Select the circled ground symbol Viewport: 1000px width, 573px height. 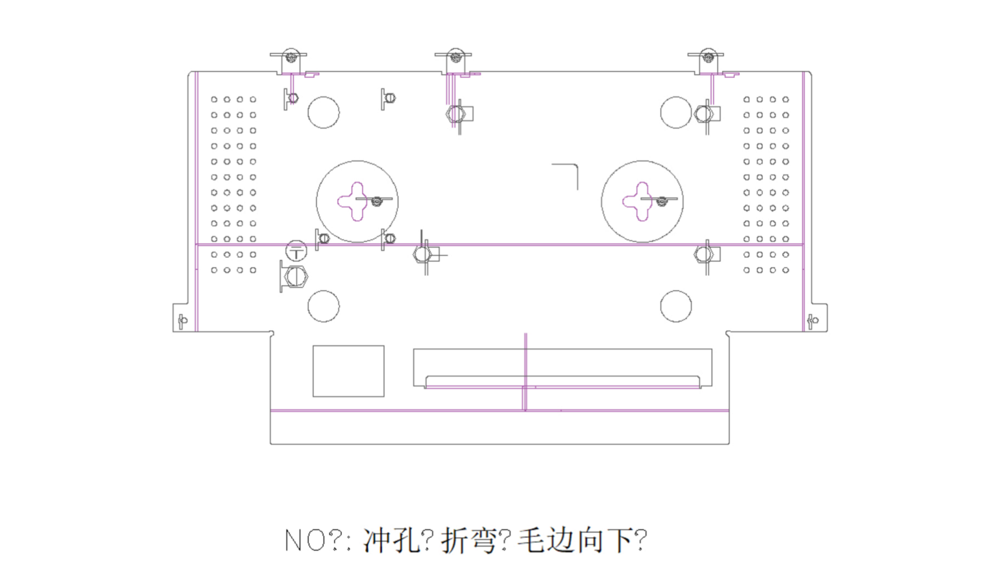click(x=296, y=252)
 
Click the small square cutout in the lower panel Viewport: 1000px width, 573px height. click(x=348, y=371)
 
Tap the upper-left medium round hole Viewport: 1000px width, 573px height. click(x=324, y=112)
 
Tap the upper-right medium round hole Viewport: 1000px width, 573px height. click(x=675, y=112)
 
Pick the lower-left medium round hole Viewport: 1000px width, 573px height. click(x=324, y=306)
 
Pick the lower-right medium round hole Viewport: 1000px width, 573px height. click(x=676, y=306)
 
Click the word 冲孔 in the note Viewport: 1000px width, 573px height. click(x=391, y=540)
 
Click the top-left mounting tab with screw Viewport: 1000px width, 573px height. click(x=290, y=61)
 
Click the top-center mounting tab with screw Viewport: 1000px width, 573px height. click(x=455, y=61)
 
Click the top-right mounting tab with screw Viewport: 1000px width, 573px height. click(x=707, y=61)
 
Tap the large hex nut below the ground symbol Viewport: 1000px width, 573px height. click(x=296, y=276)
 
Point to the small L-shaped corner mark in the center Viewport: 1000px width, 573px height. click(x=567, y=173)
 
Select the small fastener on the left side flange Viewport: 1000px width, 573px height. click(x=183, y=320)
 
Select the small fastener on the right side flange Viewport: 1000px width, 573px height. click(x=812, y=320)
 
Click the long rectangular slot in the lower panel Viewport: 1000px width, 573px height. click(x=562, y=368)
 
